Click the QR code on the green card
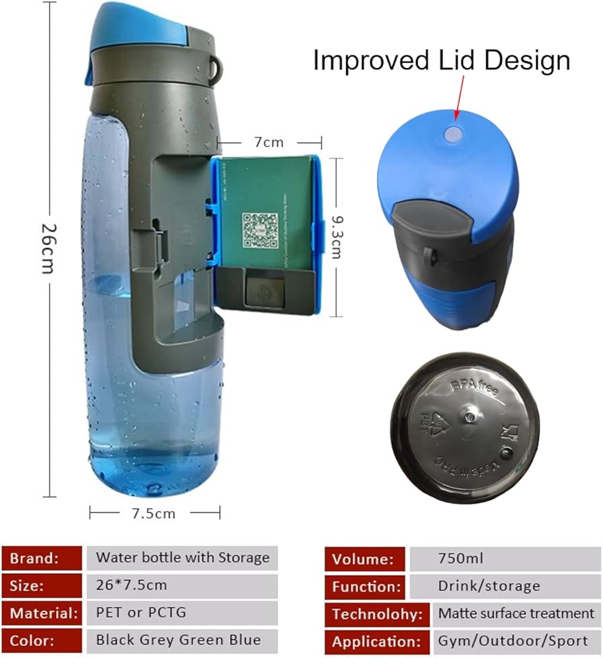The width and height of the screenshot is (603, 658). pyautogui.click(x=260, y=230)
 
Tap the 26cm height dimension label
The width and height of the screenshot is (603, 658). pyautogui.click(x=47, y=247)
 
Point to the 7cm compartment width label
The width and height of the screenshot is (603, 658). pyautogui.click(x=269, y=142)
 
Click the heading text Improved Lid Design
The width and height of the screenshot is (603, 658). pyautogui.click(x=441, y=61)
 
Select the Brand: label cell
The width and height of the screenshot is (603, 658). pyautogui.click(x=42, y=558)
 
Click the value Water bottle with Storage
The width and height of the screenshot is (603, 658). pyautogui.click(x=182, y=558)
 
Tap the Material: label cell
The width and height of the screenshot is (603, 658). pyautogui.click(x=42, y=613)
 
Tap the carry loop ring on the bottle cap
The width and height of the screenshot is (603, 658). pyautogui.click(x=215, y=66)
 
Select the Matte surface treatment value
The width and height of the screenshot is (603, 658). pyautogui.click(x=516, y=614)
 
